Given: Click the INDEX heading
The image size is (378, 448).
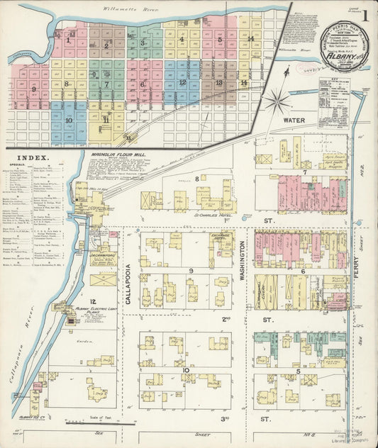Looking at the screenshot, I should pyautogui.click(x=34, y=158).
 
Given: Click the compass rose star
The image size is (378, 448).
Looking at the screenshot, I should pyautogui.click(x=277, y=100).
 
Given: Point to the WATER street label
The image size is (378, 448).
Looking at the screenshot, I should pyautogui.click(x=294, y=121).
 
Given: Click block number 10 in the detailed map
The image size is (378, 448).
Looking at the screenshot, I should pyautogui.click(x=186, y=369).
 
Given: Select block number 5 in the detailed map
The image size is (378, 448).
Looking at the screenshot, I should pyautogui.click(x=299, y=371).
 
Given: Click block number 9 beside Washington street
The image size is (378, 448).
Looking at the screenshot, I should pyautogui.click(x=191, y=271).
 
